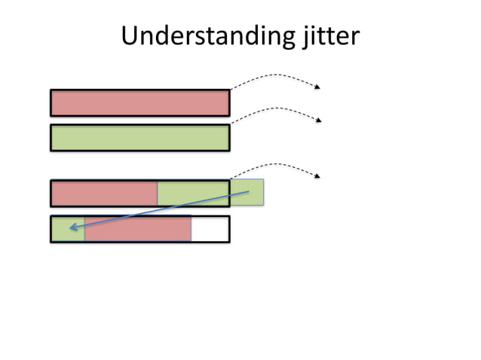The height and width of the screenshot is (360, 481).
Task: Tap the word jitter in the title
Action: coord(324,36)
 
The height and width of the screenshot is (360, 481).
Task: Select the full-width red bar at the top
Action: coord(139,102)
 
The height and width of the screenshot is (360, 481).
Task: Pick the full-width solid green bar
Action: coord(139,138)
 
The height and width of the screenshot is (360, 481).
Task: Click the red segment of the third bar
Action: coord(104,194)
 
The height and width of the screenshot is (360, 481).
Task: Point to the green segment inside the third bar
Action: coord(192,194)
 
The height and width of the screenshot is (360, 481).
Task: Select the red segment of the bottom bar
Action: coord(137,229)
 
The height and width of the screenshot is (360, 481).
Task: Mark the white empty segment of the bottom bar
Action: coord(209,229)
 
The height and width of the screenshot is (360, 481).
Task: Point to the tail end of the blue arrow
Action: coord(248,192)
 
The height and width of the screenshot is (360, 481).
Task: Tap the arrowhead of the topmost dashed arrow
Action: coord(317,87)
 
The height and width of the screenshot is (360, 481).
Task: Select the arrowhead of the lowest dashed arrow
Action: coord(317,175)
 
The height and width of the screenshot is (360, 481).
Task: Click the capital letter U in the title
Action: coord(129,35)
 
